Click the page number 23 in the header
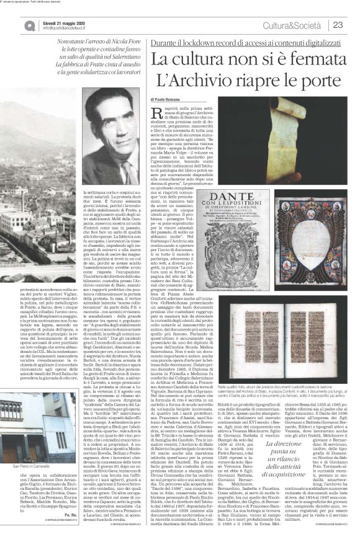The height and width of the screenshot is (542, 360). tap(338, 24)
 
